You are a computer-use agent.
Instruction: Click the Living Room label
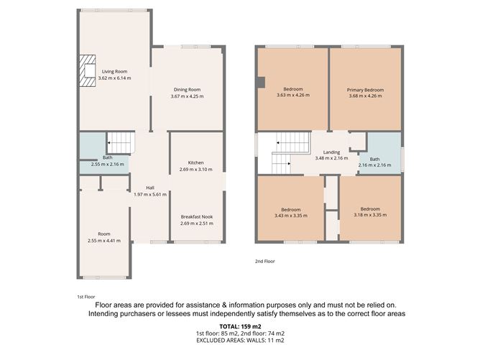[114, 71]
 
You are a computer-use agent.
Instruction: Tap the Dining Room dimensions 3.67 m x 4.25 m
[187, 96]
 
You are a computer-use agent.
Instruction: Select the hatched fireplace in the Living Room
[88, 70]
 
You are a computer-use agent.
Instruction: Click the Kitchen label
[195, 162]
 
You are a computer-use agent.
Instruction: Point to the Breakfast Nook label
[197, 216]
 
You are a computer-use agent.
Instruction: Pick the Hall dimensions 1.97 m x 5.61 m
[150, 195]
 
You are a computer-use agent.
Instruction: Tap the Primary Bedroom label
[365, 90]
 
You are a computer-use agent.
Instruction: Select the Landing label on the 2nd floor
[331, 152]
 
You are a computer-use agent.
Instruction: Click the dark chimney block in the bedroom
[261, 83]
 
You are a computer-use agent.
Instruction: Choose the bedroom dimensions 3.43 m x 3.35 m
[291, 216]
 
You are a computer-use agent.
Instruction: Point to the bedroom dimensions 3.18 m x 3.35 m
[370, 215]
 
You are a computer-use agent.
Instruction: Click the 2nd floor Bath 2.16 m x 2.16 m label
[374, 162]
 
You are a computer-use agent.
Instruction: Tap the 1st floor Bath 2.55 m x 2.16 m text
[108, 161]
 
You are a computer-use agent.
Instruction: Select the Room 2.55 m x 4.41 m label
[104, 237]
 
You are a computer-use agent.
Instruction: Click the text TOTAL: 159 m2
[240, 326]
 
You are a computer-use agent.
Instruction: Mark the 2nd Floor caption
[265, 261]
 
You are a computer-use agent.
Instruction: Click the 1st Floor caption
[86, 297]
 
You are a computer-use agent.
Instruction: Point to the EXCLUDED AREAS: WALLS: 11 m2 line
[240, 340]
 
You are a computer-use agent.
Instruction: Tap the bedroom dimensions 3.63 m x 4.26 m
[293, 95]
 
